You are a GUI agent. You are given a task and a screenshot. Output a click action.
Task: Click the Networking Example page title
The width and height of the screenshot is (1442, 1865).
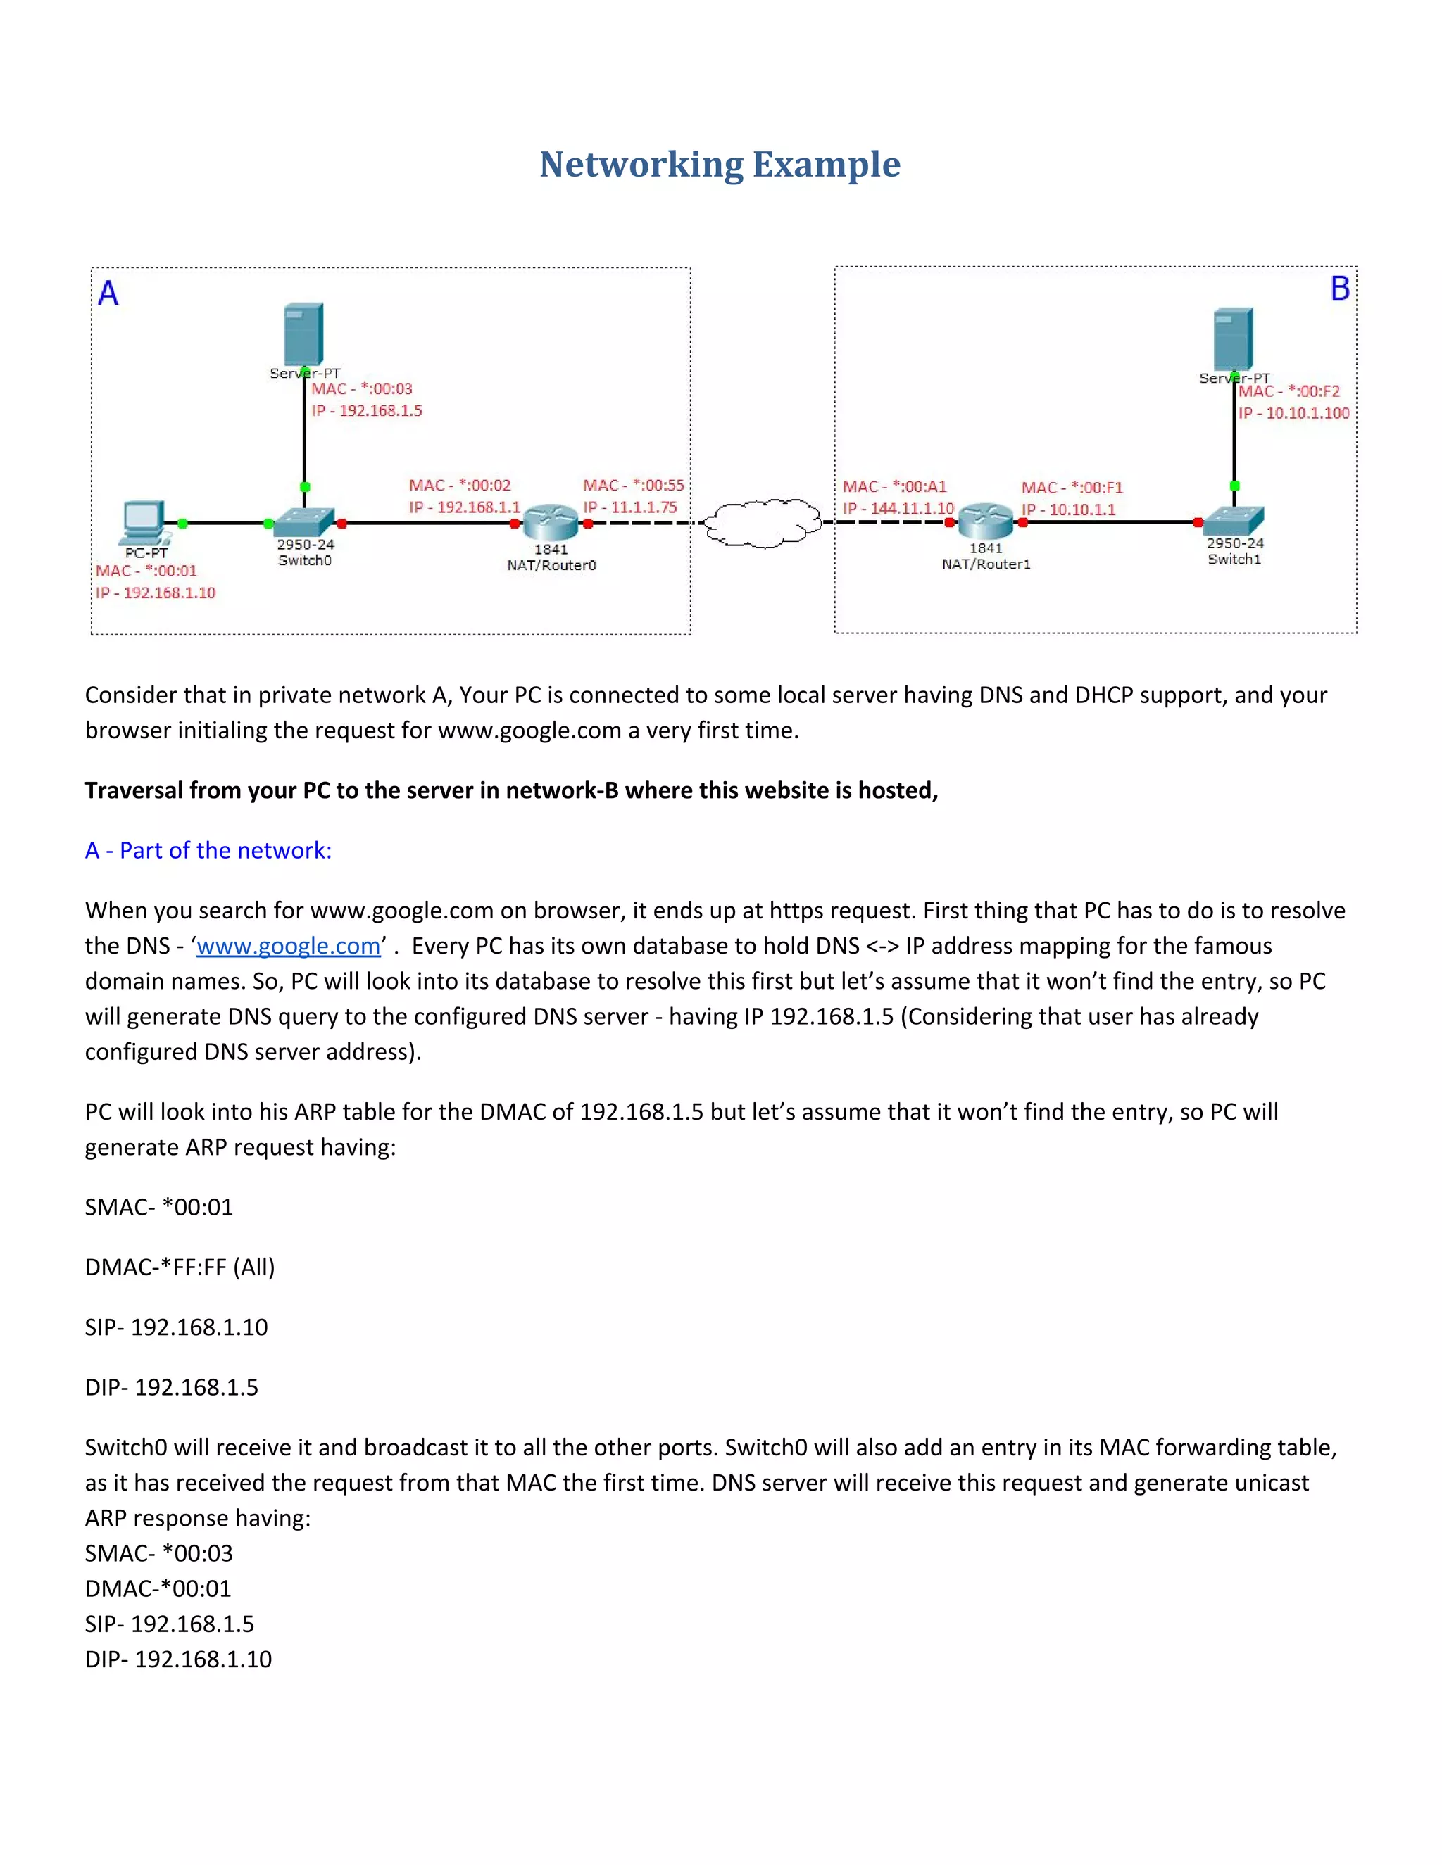(720, 164)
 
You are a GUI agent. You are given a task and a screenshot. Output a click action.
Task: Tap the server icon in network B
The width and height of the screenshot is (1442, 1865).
(1233, 339)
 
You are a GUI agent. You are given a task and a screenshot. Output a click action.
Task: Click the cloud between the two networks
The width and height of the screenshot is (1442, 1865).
(763, 523)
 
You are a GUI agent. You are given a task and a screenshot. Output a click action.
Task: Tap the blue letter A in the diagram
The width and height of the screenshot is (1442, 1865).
(108, 293)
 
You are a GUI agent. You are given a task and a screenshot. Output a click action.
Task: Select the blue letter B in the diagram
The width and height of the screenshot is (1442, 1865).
(1339, 289)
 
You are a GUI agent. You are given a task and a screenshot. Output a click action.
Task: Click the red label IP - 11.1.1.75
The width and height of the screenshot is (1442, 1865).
(630, 507)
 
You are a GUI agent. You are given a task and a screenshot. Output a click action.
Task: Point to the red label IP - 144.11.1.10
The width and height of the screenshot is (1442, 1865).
(898, 508)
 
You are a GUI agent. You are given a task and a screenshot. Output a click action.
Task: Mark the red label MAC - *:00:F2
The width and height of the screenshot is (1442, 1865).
(1289, 391)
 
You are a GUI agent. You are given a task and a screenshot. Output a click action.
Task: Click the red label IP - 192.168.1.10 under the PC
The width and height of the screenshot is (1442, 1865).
(156, 593)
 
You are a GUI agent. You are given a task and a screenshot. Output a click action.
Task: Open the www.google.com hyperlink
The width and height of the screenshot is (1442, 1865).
(288, 945)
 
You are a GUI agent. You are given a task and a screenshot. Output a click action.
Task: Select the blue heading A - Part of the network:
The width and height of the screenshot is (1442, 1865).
(208, 851)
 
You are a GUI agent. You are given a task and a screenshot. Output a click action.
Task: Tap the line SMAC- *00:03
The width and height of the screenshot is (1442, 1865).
(159, 1553)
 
